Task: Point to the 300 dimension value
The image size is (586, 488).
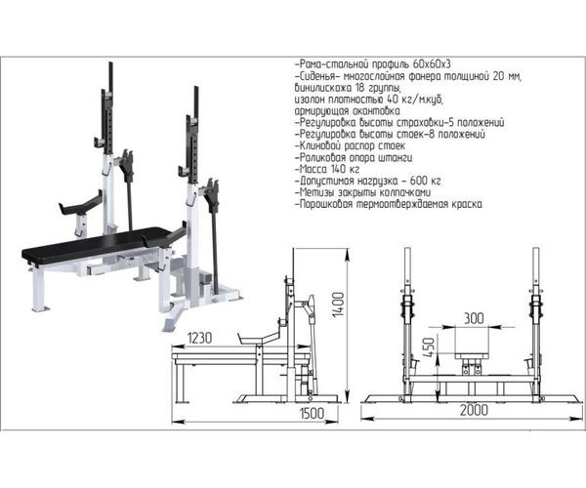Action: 473,318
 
